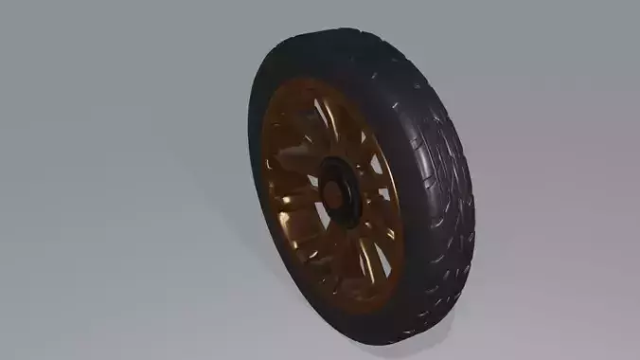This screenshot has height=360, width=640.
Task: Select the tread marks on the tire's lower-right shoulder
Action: pyautogui.click(x=445, y=284)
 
